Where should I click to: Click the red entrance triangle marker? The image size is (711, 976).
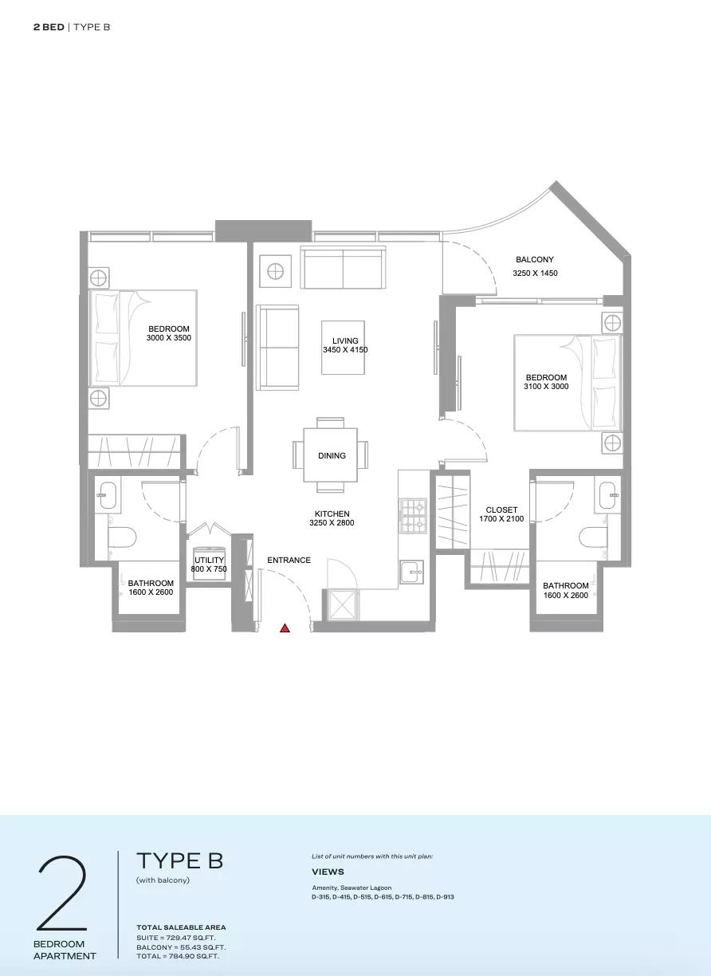285,628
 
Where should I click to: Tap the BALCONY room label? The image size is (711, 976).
535,260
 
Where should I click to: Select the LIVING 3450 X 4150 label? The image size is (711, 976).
345,345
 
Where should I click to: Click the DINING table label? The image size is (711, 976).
332,456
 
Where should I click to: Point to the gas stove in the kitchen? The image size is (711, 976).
414,517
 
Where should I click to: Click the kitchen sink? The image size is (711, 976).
410,571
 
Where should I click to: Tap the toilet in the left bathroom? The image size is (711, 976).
122,537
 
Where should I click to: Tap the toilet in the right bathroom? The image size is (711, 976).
593,537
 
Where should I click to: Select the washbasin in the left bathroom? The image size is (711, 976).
108,495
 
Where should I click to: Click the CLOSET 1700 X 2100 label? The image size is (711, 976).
501,514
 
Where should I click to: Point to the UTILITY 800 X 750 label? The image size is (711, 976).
209,565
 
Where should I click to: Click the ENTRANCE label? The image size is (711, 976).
289,561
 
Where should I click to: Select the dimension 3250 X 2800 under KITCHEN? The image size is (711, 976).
332,523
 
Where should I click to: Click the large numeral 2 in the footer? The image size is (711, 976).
62,887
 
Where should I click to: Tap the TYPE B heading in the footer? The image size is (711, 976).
179,861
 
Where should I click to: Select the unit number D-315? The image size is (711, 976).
321,897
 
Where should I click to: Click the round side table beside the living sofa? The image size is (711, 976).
275,271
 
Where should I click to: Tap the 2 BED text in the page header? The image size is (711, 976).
49,27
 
